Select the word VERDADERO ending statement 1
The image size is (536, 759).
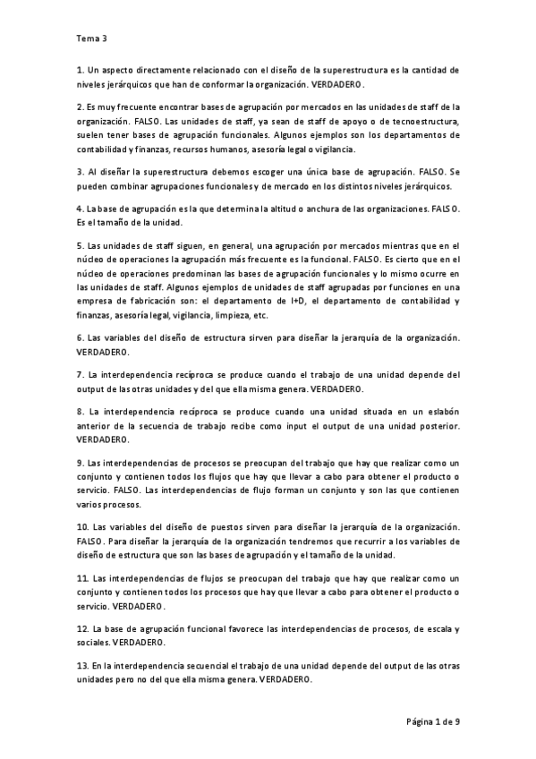tap(337, 82)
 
